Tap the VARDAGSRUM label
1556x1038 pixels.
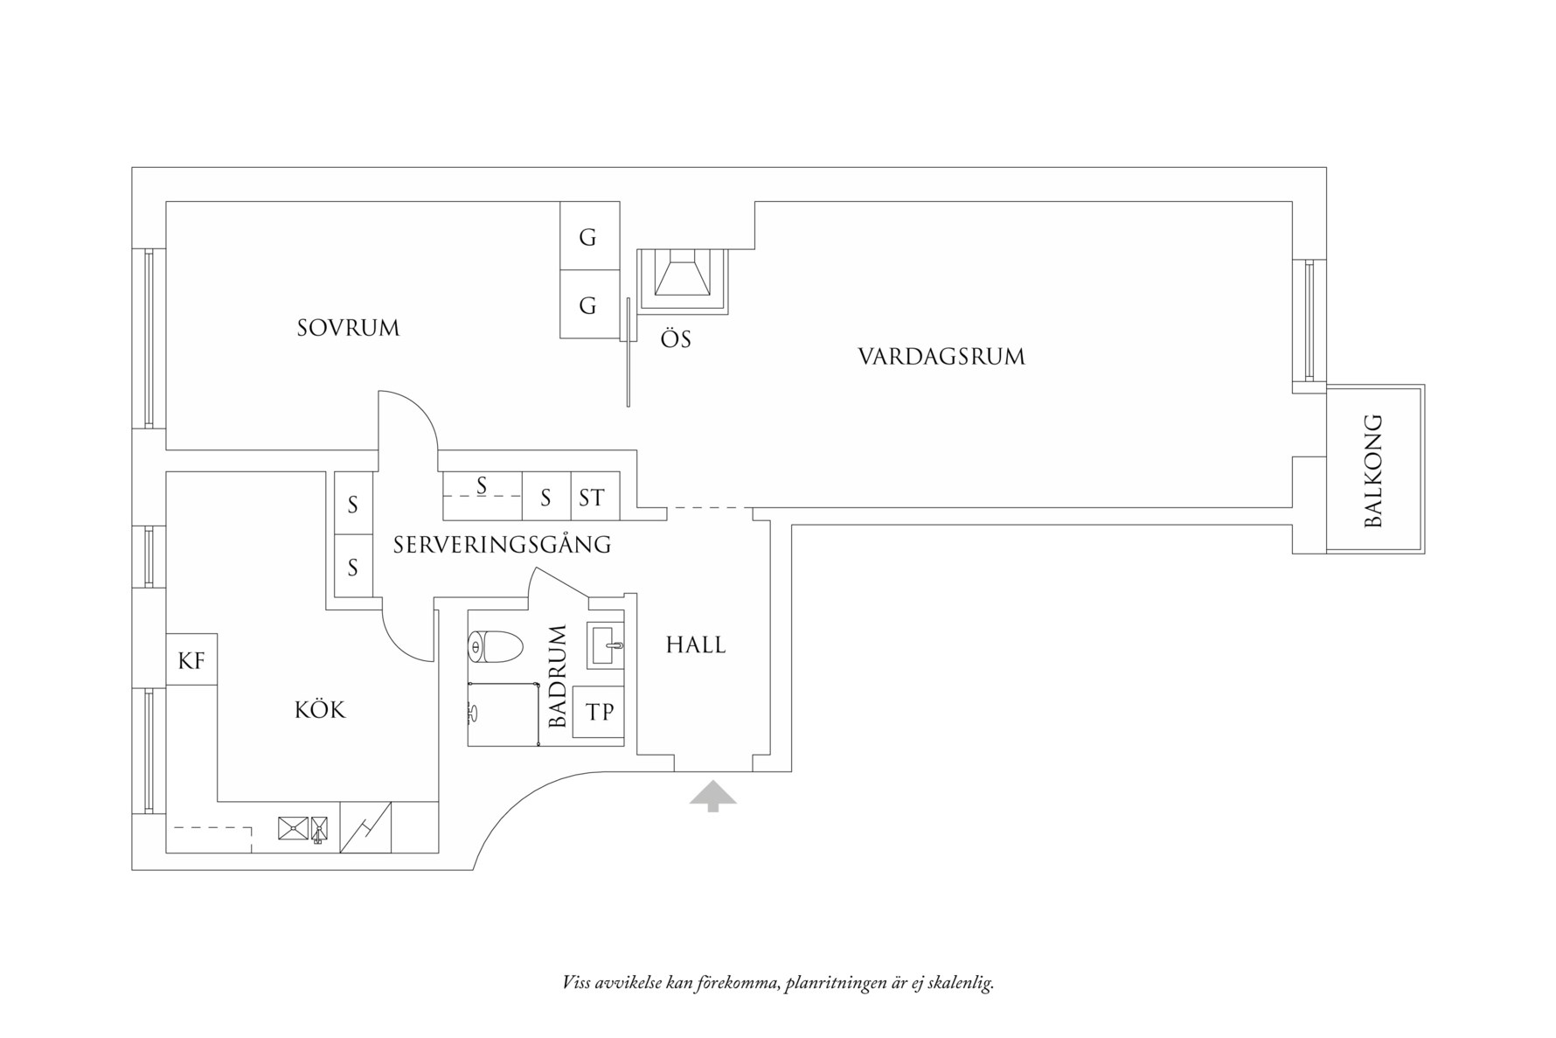click(941, 357)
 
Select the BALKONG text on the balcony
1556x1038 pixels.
click(1373, 470)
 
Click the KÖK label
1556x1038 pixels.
click(320, 709)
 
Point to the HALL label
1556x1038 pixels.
click(696, 645)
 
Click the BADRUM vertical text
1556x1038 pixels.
click(559, 676)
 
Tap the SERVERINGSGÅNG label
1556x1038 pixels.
click(502, 545)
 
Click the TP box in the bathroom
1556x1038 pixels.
click(599, 713)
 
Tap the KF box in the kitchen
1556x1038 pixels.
click(191, 660)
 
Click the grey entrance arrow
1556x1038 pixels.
click(712, 796)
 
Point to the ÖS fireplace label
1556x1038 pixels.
click(676, 339)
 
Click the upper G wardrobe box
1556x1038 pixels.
click(589, 236)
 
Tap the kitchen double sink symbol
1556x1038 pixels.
click(303, 827)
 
